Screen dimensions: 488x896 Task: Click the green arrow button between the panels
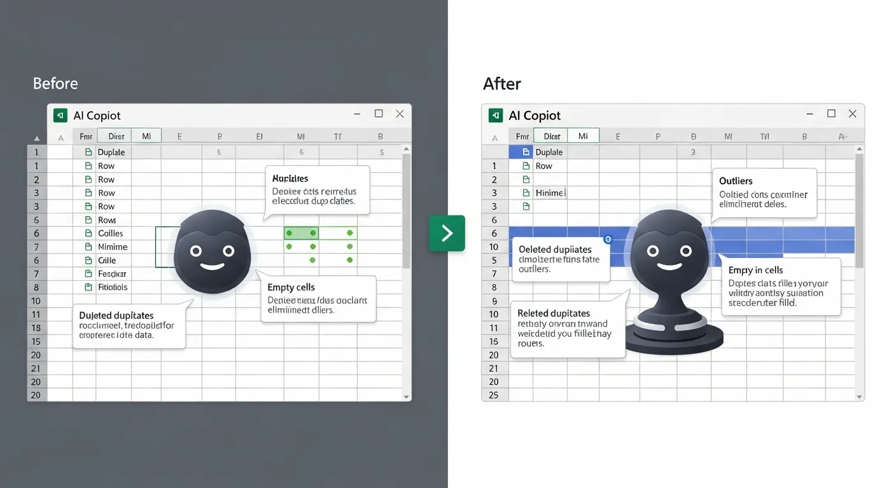tap(447, 233)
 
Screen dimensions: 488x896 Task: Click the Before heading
tap(55, 84)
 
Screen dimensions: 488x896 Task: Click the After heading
tap(502, 84)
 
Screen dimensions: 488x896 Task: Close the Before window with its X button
tap(400, 114)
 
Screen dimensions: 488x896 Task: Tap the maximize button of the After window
tap(831, 114)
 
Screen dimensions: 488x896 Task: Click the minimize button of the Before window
tap(358, 114)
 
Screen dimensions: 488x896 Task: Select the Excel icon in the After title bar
tap(496, 115)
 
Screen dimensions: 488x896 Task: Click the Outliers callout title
tap(736, 181)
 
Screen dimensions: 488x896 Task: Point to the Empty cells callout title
tap(291, 287)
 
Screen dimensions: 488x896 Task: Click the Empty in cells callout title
tap(755, 270)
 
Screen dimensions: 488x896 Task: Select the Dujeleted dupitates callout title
tap(116, 315)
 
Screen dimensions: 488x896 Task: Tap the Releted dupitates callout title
tap(554, 313)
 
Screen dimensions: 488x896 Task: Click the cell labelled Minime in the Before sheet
tap(113, 247)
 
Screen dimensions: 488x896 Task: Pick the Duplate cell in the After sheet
tap(549, 152)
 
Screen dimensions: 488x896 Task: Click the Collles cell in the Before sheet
tap(111, 233)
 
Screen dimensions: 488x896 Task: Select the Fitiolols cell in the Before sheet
tap(113, 287)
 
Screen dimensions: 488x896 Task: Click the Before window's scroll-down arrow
tap(407, 396)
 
